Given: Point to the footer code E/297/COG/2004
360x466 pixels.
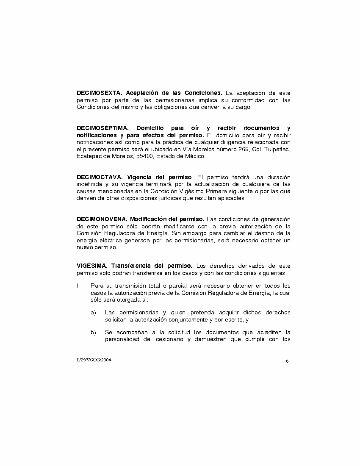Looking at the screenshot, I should click(94, 360).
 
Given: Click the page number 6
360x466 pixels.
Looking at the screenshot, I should click(287, 361).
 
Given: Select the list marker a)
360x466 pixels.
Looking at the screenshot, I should click(93, 312).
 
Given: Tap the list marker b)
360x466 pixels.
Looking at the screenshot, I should click(93, 332).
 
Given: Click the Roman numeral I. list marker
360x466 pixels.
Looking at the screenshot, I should click(78, 286).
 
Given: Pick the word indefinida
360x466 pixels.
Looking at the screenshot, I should click(89, 184).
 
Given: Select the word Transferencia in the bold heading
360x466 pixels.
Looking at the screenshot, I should click(129, 266).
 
